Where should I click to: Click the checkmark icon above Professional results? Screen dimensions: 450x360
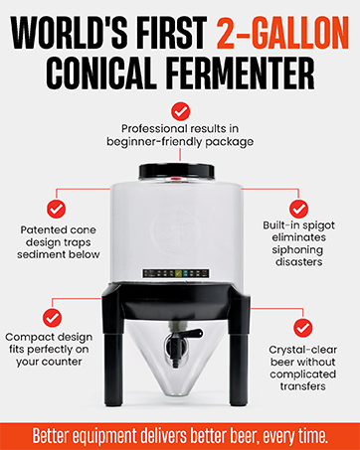point(180,111)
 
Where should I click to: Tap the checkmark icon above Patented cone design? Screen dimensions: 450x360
point(57,210)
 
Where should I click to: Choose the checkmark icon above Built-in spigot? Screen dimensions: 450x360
point(298,210)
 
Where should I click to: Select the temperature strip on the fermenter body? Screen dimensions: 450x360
point(180,271)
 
